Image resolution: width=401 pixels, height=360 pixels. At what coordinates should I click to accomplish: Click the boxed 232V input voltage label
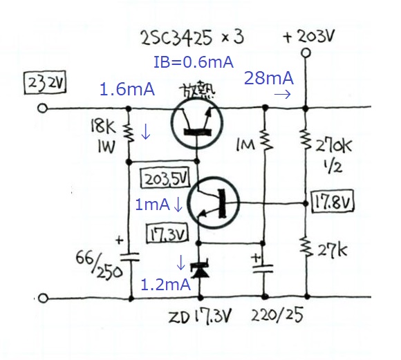pos(45,83)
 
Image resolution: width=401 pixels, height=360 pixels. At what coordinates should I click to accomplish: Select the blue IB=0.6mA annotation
pos(194,62)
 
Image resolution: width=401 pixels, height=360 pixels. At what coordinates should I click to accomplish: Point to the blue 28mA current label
pos(269,78)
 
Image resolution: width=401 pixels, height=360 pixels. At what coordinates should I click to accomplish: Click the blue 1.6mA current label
pos(127,90)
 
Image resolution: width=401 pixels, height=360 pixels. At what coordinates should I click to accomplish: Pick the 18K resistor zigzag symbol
pos(129,133)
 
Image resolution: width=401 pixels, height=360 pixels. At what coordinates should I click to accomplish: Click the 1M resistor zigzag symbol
pos(266,140)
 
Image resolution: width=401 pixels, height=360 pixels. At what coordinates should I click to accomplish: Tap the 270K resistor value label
pos(334,146)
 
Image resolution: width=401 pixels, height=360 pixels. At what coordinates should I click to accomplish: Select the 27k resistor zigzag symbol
pos(307,247)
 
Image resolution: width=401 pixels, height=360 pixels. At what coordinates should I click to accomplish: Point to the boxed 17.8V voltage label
pos(333,201)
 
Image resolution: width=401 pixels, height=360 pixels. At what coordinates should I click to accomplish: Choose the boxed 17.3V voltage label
pos(167,233)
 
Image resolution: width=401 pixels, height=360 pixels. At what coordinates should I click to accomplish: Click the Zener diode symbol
pos(200,270)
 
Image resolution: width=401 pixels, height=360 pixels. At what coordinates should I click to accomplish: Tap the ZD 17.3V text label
pos(200,317)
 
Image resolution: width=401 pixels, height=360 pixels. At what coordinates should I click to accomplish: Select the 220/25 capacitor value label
pos(277,315)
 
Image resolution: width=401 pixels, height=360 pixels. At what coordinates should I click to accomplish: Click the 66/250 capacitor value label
pos(99,265)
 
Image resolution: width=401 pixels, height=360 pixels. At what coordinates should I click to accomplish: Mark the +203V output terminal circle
pos(306,53)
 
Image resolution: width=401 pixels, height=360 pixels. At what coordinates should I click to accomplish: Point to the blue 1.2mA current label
pos(166,285)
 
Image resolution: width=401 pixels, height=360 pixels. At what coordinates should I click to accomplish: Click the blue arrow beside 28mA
pos(282,95)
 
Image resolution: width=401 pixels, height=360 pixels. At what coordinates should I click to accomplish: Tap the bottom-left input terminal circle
pos(43,298)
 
